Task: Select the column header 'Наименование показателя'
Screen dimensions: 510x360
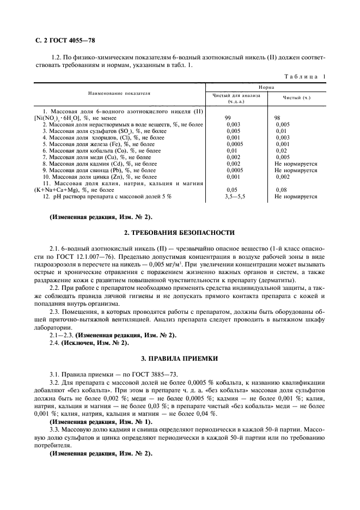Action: pyautogui.click(x=120, y=94)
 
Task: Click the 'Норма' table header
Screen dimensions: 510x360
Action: pyautogui.click(x=266, y=87)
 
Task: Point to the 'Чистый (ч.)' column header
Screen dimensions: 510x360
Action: pyautogui.click(x=296, y=98)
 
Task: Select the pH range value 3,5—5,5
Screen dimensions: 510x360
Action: pyautogui.click(x=235, y=197)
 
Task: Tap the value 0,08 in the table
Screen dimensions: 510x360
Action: pyautogui.click(x=282, y=190)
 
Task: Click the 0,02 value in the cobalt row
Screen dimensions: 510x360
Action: pyautogui.click(x=281, y=150)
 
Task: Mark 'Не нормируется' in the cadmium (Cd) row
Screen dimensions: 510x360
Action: pyautogui.click(x=296, y=163)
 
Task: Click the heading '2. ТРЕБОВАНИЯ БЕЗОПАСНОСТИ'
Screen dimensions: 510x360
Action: pyautogui.click(x=180, y=233)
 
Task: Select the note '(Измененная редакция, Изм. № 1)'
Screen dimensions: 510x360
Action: pyautogui.click(x=101, y=422)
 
